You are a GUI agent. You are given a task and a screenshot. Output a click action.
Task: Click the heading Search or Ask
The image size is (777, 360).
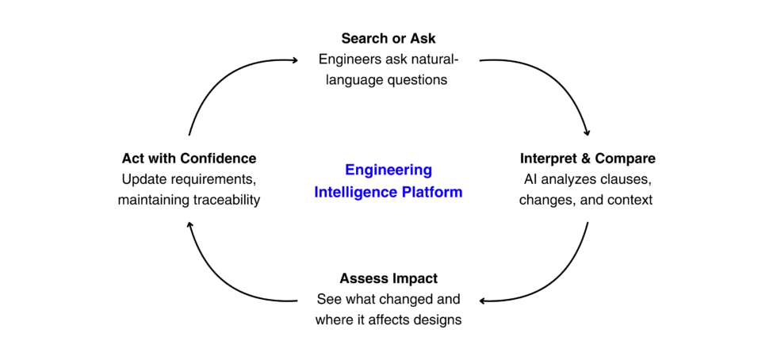coord(388,38)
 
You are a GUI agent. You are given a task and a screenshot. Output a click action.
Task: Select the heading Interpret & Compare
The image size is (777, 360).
coord(588,159)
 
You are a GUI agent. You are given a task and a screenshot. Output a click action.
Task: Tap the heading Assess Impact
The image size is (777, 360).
coord(388,278)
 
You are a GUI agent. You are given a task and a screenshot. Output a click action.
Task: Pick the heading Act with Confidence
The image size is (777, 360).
coord(189,159)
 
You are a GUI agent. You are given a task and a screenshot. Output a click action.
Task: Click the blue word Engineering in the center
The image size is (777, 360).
coord(388,170)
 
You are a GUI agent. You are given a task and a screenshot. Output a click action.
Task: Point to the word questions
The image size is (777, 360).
coord(415,79)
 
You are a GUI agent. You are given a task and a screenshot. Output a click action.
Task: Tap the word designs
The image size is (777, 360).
coord(434,320)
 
